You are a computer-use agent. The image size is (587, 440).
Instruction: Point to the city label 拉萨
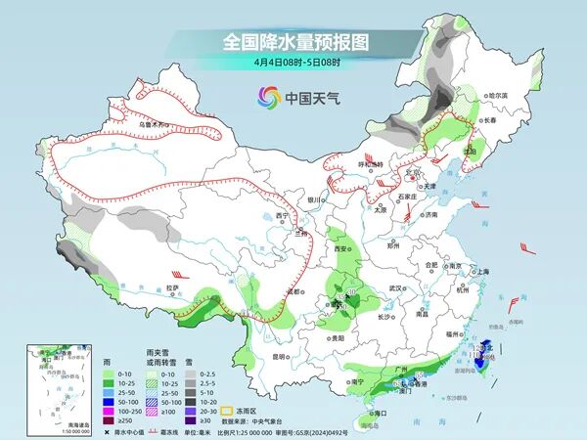click(172, 287)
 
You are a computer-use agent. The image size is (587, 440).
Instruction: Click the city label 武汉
click(396, 288)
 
